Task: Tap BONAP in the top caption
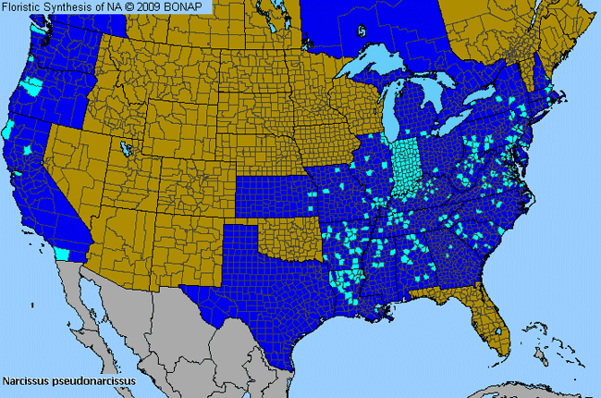(190, 6)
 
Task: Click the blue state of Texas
(268, 287)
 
